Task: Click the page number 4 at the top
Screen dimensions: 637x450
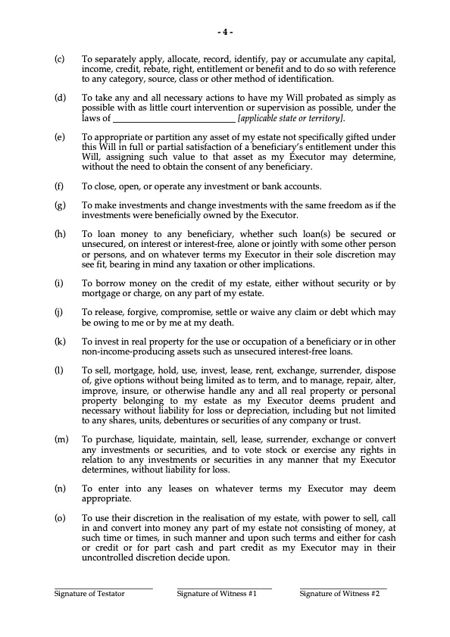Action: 225,32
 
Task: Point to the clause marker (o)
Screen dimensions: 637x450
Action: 59,517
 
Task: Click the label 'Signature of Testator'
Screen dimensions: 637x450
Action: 89,594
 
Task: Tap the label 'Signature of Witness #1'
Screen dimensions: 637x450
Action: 217,594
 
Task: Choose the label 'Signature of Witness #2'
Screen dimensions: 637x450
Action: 339,594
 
